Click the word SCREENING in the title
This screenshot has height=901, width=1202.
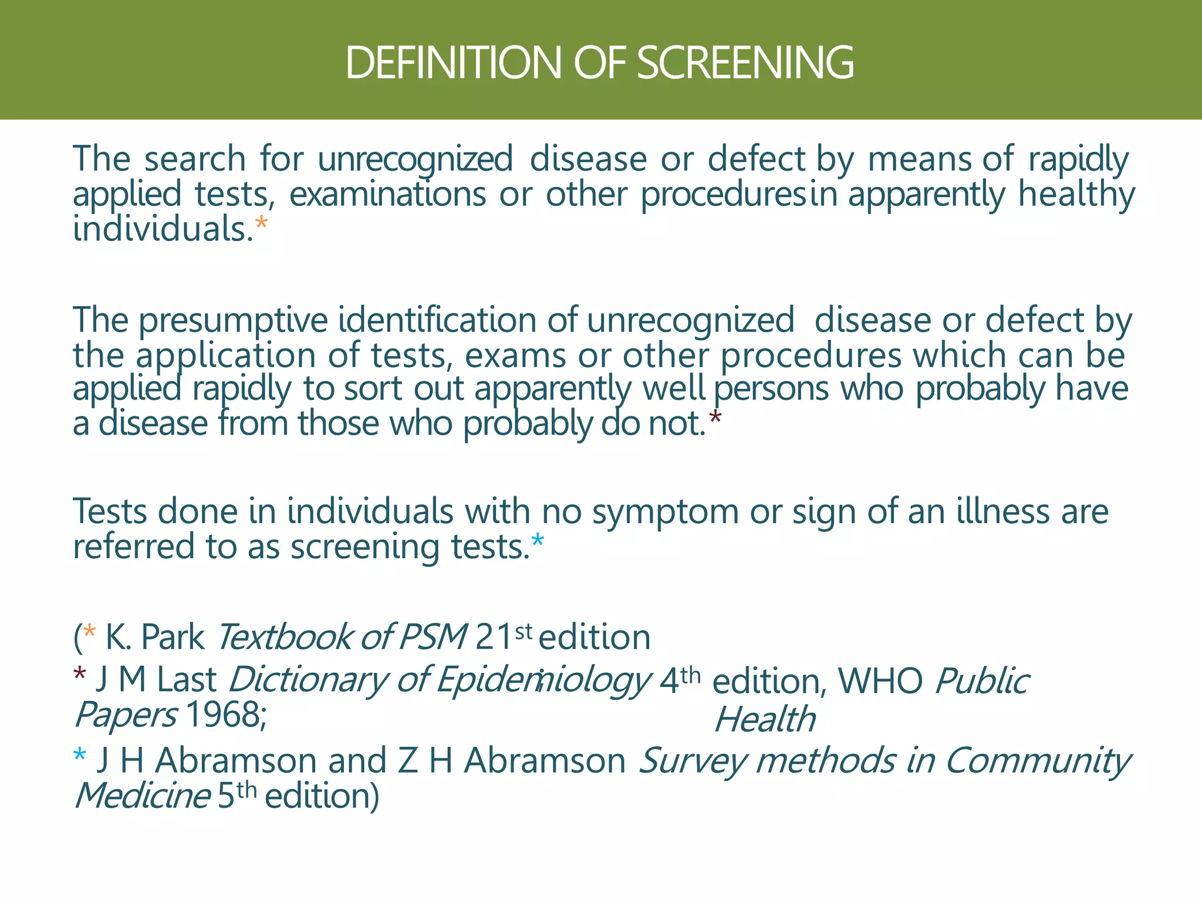[745, 62]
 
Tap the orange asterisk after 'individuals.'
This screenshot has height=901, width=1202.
[261, 225]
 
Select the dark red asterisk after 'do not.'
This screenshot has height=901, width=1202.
[715, 419]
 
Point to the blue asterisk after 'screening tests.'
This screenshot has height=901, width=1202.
[538, 542]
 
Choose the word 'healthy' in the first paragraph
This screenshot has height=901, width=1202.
[1076, 194]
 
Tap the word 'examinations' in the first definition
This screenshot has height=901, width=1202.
[387, 194]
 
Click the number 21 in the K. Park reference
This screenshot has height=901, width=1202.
[494, 637]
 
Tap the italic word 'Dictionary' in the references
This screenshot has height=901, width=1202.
[307, 680]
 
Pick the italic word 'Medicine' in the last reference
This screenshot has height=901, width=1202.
[142, 796]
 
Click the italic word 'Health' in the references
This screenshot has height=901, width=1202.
[765, 720]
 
